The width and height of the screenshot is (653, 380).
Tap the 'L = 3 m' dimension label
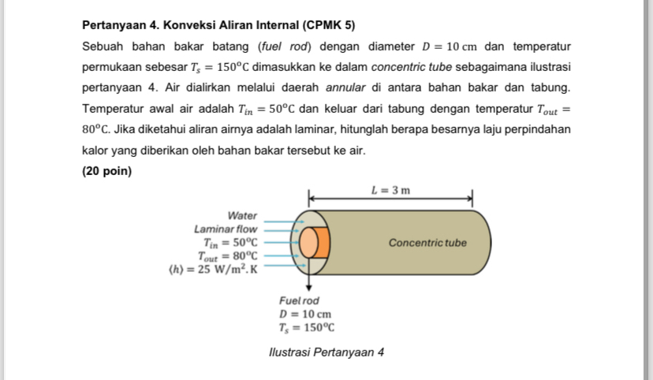tap(390, 190)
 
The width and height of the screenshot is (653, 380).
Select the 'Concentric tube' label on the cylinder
tap(427, 243)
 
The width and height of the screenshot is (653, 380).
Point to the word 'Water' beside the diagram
tap(242, 215)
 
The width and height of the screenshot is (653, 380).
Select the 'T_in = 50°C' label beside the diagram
tap(230, 242)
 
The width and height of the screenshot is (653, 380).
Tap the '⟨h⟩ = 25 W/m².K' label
tap(213, 269)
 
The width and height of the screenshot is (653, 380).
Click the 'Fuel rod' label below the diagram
tap(299, 300)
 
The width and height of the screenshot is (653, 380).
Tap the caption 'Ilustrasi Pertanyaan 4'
tap(326, 352)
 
